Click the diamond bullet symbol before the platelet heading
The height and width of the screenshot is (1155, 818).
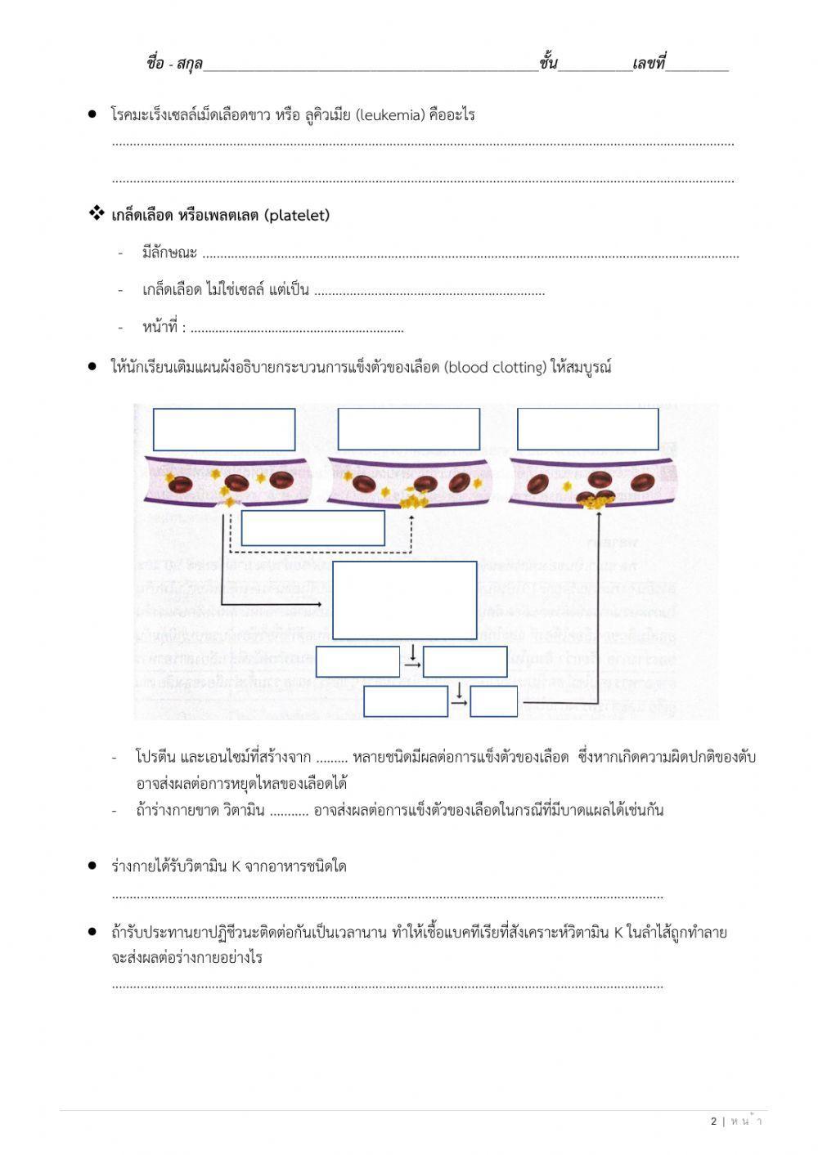pos(97,214)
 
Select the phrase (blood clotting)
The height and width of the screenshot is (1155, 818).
pos(496,367)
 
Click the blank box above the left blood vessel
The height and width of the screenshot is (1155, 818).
pos(224,429)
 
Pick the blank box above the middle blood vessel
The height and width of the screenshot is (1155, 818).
pos(408,429)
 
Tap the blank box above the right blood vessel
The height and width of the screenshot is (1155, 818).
pos(587,429)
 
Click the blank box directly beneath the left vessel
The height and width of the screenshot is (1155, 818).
pos(312,528)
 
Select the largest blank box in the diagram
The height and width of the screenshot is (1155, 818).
pos(405,600)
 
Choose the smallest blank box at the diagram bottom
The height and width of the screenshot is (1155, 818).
pos(494,701)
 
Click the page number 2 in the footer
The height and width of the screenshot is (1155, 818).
pos(713,1121)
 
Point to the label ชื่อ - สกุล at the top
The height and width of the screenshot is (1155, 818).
pos(174,63)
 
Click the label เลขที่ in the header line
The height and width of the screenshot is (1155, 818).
pos(649,63)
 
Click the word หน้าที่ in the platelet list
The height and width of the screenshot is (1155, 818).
pos(160,327)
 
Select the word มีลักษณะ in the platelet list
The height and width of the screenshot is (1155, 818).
pos(169,253)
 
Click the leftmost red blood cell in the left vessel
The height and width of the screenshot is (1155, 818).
pos(180,485)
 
